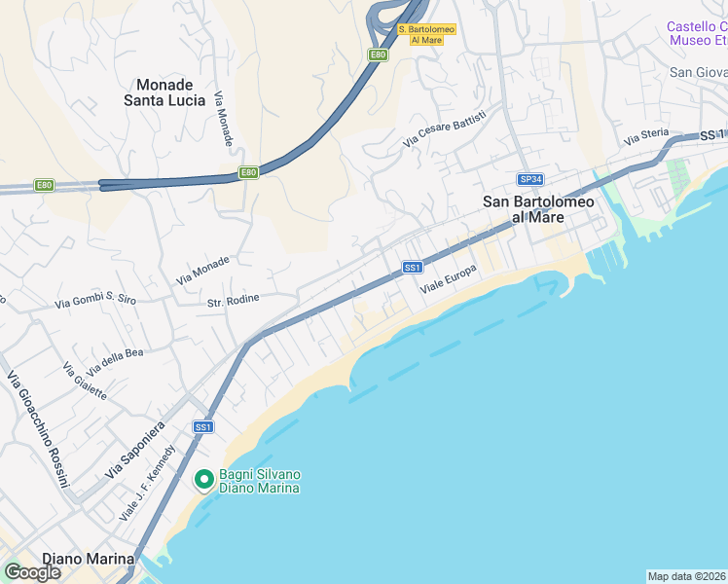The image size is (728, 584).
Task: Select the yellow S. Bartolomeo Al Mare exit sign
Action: click(x=427, y=34)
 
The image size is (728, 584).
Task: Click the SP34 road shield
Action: click(x=529, y=179)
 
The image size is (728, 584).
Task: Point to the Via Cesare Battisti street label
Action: click(x=445, y=130)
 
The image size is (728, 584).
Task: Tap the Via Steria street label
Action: click(x=647, y=137)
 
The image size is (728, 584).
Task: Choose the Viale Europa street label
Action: click(x=448, y=280)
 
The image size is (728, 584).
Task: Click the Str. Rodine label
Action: click(x=234, y=299)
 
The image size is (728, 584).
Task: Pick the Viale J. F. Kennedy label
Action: click(x=147, y=483)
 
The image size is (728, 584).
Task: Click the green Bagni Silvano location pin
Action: click(x=203, y=480)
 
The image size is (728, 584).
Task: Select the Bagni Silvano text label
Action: click(x=260, y=481)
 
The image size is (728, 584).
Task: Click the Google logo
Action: click(x=32, y=572)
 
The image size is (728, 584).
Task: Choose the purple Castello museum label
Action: click(x=696, y=33)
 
